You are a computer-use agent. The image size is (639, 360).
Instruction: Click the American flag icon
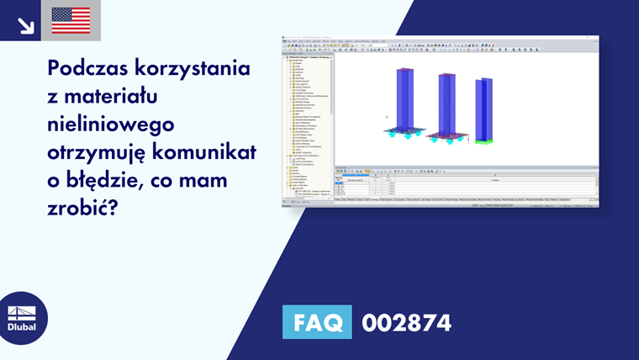[x=71, y=20]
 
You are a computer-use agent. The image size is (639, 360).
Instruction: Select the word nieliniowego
[x=111, y=124]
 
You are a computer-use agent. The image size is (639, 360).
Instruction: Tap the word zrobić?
[x=79, y=208]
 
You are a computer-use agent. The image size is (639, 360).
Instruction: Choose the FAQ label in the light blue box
[x=318, y=322]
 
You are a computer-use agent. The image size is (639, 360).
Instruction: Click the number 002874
[x=406, y=322]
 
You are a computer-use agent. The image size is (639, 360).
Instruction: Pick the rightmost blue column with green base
[x=483, y=109]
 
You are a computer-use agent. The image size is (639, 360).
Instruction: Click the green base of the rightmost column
[x=483, y=141]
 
